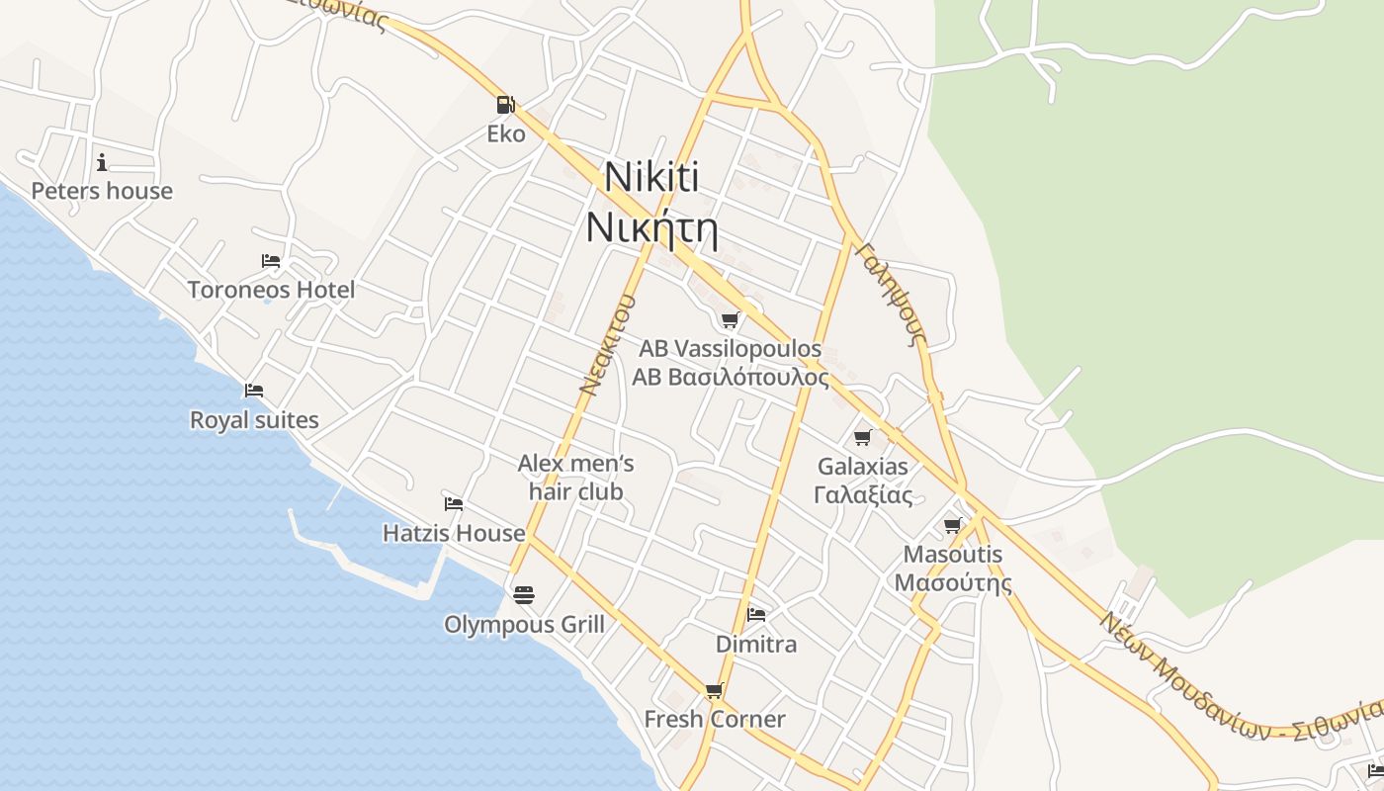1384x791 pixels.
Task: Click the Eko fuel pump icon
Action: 505,104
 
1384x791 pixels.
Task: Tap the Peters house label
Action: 102,191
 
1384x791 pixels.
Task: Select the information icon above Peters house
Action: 102,162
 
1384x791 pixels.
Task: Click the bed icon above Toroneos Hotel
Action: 271,261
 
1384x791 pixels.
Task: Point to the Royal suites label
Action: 254,420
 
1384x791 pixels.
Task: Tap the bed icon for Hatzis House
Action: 454,504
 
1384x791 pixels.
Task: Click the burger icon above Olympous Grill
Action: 524,594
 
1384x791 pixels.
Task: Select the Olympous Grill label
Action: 524,625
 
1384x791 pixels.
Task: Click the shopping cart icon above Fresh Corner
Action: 714,690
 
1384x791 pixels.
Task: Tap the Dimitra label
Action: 756,645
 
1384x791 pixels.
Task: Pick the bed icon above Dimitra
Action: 756,614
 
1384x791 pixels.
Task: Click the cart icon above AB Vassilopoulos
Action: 730,319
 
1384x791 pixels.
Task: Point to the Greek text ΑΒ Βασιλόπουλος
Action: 731,377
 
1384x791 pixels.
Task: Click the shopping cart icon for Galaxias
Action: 863,437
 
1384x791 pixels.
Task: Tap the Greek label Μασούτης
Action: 953,582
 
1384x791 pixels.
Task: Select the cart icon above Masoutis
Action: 952,525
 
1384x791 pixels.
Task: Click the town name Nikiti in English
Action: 651,178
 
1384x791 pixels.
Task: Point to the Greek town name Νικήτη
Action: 651,227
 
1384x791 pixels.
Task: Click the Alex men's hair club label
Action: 576,477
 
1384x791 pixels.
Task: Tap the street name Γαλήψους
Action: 891,294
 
